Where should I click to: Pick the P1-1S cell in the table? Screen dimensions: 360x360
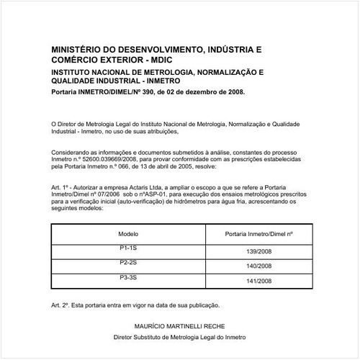[x=127, y=247]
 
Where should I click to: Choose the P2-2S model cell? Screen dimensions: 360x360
[x=127, y=262]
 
